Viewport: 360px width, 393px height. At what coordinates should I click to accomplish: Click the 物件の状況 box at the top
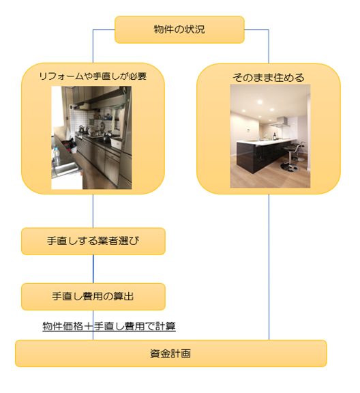pyautogui.click(x=179, y=29)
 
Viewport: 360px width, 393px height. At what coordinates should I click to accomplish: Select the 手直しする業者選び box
pyautogui.click(x=93, y=241)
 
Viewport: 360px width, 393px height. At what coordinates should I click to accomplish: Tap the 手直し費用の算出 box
pyautogui.click(x=93, y=297)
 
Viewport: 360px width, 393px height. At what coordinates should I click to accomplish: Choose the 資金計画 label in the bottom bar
pyautogui.click(x=170, y=353)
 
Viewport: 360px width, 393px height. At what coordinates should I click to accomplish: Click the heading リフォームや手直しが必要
pyautogui.click(x=93, y=76)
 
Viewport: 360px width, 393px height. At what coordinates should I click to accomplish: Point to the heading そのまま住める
pyautogui.click(x=269, y=78)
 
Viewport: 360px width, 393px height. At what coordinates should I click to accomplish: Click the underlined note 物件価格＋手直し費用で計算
pyautogui.click(x=109, y=326)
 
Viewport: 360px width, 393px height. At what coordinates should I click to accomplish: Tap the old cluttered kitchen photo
pyautogui.click(x=91, y=138)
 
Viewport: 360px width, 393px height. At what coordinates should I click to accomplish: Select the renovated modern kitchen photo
pyautogui.click(x=270, y=136)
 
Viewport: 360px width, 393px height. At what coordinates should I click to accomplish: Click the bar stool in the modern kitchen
pyautogui.click(x=292, y=157)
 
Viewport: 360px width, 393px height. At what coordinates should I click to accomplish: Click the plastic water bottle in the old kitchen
pyautogui.click(x=57, y=156)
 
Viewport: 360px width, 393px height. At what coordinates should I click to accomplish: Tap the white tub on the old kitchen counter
pyautogui.click(x=117, y=143)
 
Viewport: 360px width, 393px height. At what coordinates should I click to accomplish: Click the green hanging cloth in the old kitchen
pyautogui.click(x=117, y=111)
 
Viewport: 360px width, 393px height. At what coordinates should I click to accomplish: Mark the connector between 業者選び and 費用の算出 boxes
pyautogui.click(x=93, y=269)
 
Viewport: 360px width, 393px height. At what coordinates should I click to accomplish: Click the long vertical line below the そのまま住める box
pyautogui.click(x=269, y=267)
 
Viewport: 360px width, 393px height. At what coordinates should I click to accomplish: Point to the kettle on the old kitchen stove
pyautogui.click(x=82, y=128)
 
